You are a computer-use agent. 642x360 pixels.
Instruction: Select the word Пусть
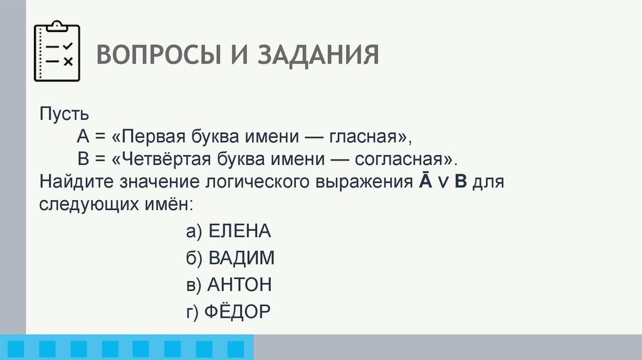65,115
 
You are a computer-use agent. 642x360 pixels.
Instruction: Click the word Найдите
82,183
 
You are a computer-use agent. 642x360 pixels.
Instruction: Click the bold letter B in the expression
461,183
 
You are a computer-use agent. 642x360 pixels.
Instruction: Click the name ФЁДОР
239,312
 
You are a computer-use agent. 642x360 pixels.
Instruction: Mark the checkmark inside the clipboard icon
69,46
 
